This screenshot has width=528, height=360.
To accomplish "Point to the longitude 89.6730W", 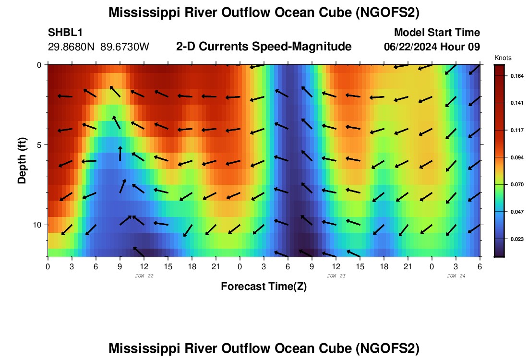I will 125,47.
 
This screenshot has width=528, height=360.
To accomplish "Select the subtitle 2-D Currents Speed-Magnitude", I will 264,47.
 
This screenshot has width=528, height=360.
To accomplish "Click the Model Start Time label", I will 436,33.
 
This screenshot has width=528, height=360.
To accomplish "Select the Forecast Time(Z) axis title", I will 264,287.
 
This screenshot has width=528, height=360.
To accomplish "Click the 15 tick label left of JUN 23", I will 168,266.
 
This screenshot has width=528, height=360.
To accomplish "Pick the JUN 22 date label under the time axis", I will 144,276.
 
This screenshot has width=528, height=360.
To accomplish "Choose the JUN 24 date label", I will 456,276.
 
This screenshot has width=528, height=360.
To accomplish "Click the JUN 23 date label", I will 336,276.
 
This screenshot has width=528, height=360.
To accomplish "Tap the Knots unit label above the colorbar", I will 503,58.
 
